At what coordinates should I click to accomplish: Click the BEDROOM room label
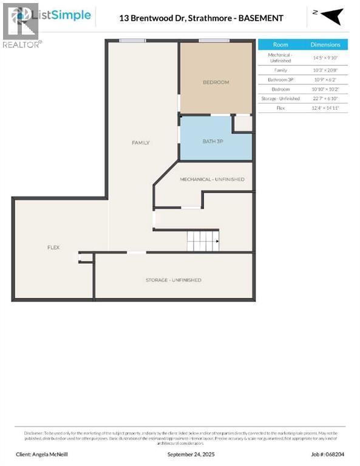point(216,82)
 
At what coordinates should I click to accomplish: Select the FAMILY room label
point(141,143)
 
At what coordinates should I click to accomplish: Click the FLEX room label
point(53,248)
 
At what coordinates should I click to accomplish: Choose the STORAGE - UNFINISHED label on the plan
point(173,280)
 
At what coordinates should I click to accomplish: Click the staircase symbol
point(203,241)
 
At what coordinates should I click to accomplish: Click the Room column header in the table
point(280,45)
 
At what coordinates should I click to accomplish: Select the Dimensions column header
point(325,45)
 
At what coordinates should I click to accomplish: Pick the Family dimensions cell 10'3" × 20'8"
point(325,70)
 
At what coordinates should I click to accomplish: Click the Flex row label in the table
point(280,107)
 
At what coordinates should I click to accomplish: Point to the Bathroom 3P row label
point(280,79)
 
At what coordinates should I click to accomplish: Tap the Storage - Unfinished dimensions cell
point(325,98)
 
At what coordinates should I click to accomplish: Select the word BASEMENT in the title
point(261,18)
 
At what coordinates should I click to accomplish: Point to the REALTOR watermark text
point(22,44)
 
